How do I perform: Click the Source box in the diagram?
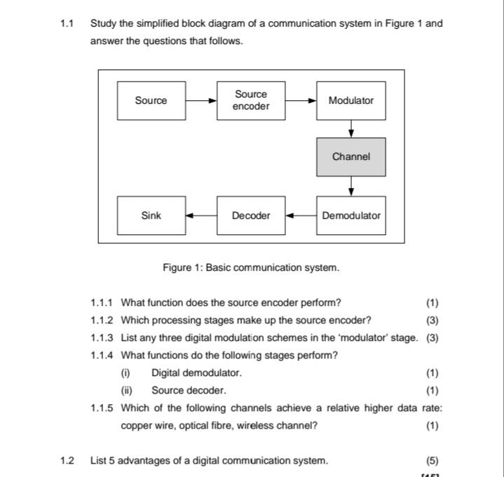click(151, 100)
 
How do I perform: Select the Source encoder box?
click(251, 100)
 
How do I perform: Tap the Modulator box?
click(351, 100)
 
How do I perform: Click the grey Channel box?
click(351, 157)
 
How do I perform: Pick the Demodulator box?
click(351, 215)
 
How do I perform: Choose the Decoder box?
click(251, 215)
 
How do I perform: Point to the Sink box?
click(151, 215)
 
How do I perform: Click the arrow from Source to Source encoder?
click(202, 100)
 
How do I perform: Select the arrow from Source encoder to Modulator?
click(301, 100)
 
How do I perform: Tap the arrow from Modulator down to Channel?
click(351, 129)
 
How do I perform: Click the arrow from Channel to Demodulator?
click(351, 187)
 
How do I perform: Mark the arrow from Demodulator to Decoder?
click(301, 215)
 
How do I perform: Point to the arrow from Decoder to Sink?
click(202, 215)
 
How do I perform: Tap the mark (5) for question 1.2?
click(432, 461)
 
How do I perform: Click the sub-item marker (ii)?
click(127, 391)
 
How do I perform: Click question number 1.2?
click(67, 461)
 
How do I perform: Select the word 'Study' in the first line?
click(104, 23)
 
